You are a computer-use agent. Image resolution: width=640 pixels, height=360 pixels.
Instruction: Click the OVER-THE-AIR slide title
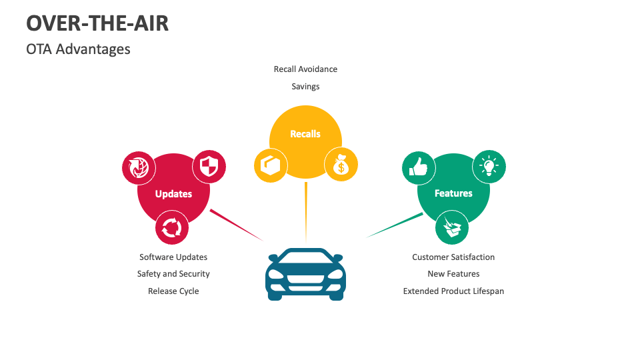97,23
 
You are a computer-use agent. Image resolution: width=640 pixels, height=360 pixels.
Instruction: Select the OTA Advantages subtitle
78,49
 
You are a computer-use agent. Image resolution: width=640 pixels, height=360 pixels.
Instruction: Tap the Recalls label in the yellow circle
305,134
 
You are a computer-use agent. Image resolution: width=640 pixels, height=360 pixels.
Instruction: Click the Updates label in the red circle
173,194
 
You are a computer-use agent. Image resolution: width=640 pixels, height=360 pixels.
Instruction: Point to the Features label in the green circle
453,193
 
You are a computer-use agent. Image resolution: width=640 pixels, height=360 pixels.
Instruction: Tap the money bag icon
341,164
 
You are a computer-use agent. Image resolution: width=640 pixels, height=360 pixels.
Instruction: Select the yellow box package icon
271,165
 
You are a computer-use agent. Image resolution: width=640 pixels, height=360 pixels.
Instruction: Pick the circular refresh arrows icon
172,228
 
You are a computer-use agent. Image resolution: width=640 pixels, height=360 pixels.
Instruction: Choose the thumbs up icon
419,167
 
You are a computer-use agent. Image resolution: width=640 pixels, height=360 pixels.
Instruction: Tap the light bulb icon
489,166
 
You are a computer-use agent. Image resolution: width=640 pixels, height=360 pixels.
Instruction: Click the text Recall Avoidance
305,69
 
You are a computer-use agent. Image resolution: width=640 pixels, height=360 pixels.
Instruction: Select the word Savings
305,87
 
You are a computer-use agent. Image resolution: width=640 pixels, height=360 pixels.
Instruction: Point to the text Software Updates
173,257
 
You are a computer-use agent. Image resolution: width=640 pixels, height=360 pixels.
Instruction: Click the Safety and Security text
173,274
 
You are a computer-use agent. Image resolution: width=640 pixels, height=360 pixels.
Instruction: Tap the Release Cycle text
173,291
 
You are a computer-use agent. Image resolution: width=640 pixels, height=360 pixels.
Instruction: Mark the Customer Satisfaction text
453,257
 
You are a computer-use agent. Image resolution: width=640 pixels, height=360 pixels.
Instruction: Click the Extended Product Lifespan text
453,291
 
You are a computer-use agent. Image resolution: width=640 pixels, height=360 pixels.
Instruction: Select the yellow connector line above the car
306,210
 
